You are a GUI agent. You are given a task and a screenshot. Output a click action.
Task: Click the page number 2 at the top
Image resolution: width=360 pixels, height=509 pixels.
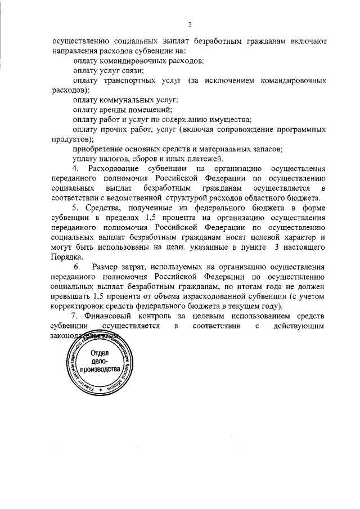[190, 24]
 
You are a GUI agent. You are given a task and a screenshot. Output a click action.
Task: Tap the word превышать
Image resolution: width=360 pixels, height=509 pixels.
[70, 296]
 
